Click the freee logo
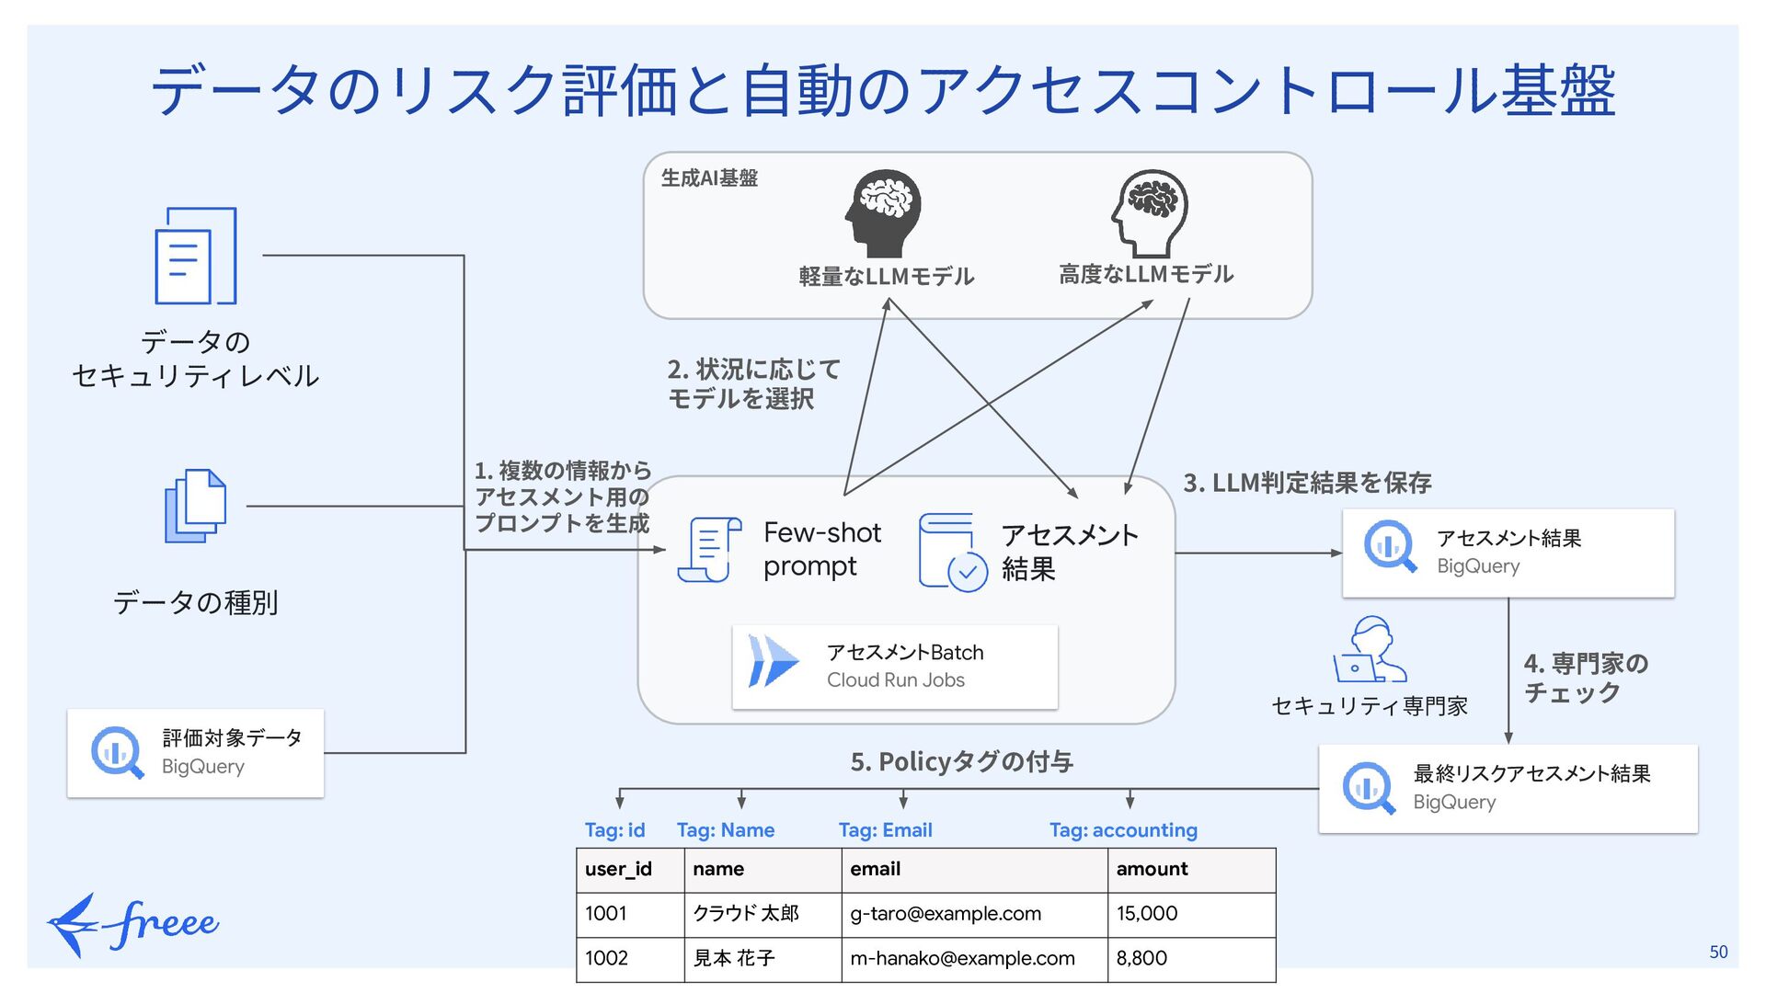pos(132,924)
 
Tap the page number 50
pos(1718,953)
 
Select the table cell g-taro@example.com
pos(946,914)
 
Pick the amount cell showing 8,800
pos(1141,958)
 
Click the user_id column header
pos(618,869)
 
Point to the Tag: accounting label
pos(1123,830)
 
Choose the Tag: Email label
pos(885,830)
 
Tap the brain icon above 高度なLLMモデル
pos(1149,213)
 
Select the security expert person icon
pos(1370,649)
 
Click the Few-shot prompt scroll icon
pos(709,550)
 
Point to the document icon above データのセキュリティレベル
pos(196,256)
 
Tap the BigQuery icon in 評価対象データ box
pos(117,752)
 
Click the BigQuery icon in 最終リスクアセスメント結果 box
pos(1369,788)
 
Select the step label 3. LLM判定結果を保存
pos(1307,483)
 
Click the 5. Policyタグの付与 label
pos(961,761)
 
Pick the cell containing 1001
pos(606,914)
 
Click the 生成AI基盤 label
pos(709,178)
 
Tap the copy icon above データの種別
pos(196,506)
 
